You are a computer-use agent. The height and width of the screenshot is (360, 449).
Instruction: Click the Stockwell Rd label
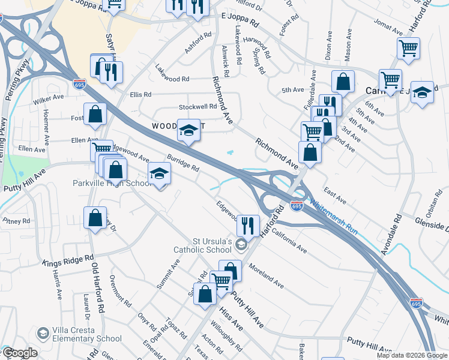tap(197, 107)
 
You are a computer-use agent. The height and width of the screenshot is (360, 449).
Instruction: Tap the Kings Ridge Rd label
tap(68, 259)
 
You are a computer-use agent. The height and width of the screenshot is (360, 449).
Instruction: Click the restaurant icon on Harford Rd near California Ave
tap(246, 225)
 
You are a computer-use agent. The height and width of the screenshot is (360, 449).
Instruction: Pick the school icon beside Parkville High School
tap(159, 173)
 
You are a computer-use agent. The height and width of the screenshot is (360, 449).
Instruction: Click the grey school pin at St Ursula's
tap(241, 244)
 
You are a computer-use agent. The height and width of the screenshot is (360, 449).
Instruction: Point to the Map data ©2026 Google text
tap(411, 355)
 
